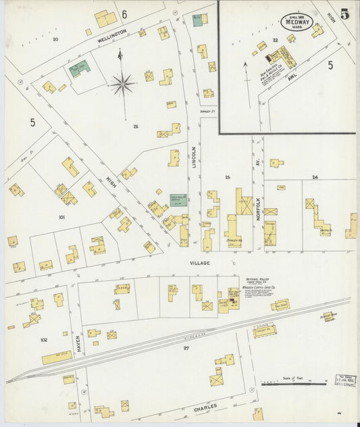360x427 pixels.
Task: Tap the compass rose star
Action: point(122,84)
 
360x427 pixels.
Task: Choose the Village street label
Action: point(200,263)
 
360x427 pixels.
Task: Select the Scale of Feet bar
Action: point(284,384)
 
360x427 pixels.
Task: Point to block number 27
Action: point(185,348)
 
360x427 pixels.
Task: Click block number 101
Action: point(61,218)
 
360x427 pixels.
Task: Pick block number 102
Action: point(44,340)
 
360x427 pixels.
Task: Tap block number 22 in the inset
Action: point(276,40)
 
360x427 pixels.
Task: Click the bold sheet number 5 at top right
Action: point(344,14)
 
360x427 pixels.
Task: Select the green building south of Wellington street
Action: point(80,68)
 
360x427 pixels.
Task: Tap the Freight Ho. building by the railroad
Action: point(264,330)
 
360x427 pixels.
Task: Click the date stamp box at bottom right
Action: point(345,380)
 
